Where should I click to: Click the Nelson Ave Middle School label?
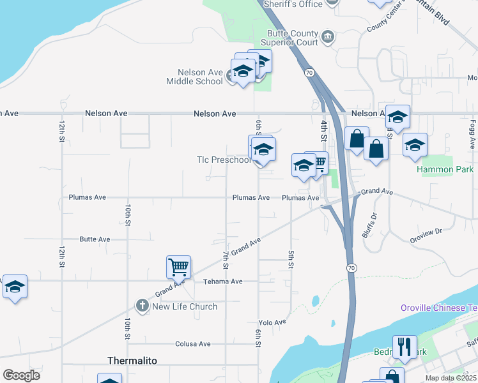tap(194, 77)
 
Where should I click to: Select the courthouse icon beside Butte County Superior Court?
tap(328, 37)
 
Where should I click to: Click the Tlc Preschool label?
tap(224, 160)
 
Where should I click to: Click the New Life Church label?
tap(184, 306)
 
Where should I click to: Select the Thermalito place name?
tap(132, 361)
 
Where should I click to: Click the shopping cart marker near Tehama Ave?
tap(178, 266)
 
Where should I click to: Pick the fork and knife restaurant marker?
tap(404, 347)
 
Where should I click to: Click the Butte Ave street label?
tap(95, 239)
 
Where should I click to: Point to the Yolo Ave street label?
tap(272, 322)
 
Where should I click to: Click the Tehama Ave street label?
tap(223, 282)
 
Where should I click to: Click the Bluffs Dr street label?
tap(369, 225)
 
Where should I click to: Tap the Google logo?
tap(21, 375)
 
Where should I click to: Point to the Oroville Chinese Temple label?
tap(439, 308)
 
